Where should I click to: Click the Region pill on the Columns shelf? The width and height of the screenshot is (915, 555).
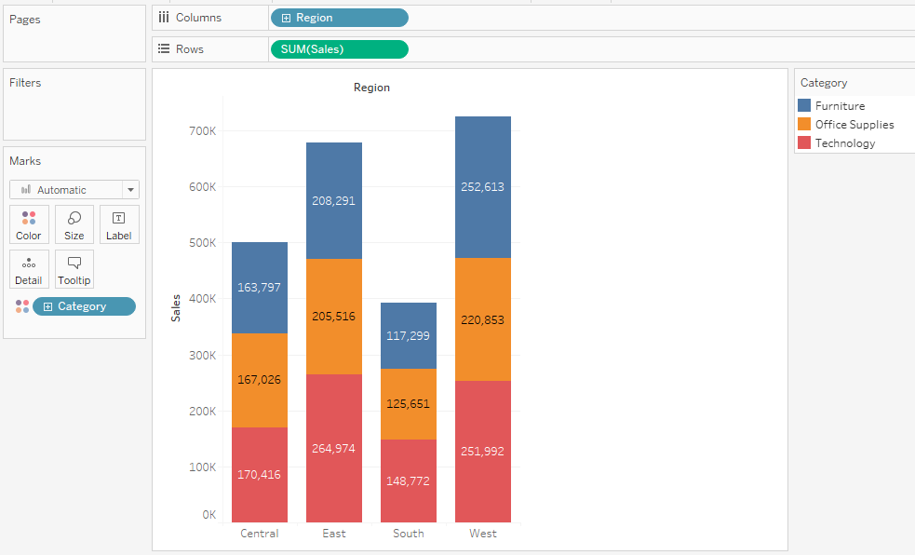(339, 18)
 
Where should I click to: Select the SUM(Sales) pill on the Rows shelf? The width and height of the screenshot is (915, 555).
(339, 49)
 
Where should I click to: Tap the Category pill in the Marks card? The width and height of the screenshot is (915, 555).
(84, 306)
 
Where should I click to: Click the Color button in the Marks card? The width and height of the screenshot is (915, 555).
(29, 224)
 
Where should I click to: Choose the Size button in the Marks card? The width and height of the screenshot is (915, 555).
(74, 224)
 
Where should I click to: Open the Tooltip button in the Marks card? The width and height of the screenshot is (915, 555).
(74, 269)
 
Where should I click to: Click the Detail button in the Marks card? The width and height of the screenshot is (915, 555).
(29, 269)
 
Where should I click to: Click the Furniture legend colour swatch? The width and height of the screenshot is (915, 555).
(805, 106)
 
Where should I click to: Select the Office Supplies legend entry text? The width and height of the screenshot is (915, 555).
(854, 125)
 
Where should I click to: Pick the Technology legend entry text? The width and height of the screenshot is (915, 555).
(844, 143)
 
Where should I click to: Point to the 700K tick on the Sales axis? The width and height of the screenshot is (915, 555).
(202, 131)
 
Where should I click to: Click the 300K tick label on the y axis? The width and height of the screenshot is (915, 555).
(202, 356)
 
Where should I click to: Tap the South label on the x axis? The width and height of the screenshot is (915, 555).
(408, 534)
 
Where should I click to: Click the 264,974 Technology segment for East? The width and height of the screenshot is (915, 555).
(334, 448)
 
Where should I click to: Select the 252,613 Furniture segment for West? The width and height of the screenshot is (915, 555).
(482, 186)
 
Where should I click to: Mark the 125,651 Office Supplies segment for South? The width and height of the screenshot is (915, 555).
(408, 404)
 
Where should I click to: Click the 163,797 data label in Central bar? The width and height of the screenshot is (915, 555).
(259, 288)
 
